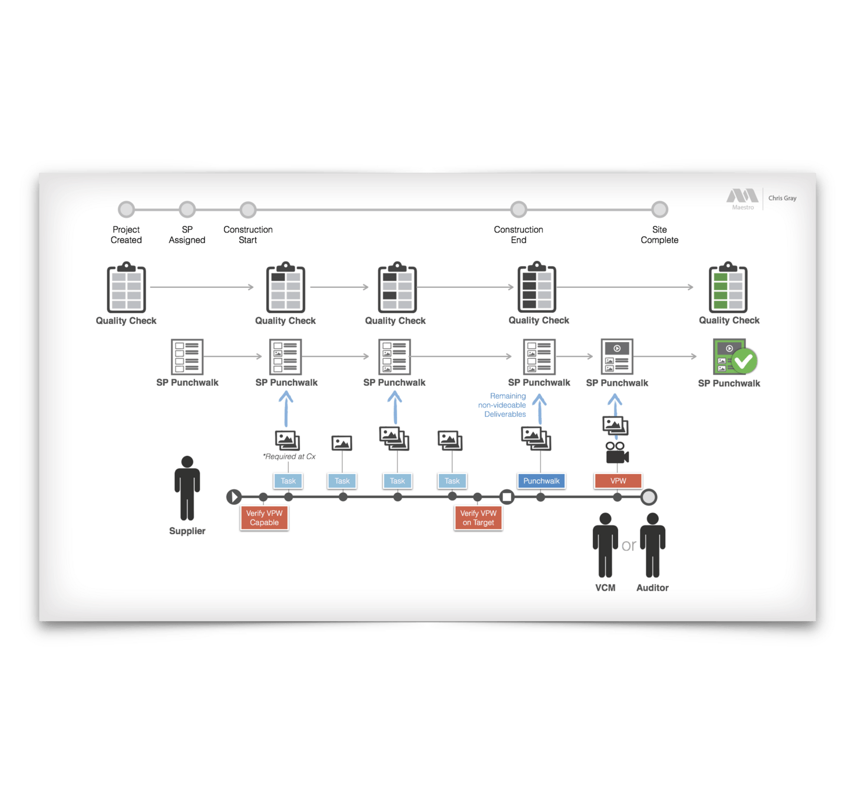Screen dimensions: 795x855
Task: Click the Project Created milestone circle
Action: tap(126, 209)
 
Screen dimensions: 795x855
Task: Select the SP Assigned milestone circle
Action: tap(187, 209)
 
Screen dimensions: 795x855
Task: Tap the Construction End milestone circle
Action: tap(519, 209)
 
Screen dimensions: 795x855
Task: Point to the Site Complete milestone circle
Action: tap(659, 209)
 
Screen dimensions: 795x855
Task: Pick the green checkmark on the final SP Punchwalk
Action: tap(744, 360)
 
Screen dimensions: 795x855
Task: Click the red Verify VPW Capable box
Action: tap(264, 518)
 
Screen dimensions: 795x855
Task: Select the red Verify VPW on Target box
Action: tap(478, 518)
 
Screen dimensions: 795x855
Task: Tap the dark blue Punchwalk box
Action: tap(541, 481)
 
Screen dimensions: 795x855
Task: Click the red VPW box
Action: tap(618, 481)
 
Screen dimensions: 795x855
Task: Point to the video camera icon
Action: tap(616, 453)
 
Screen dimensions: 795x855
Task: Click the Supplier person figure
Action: tap(187, 488)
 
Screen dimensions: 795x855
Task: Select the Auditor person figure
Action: tap(652, 545)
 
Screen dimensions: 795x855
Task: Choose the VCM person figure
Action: tap(605, 545)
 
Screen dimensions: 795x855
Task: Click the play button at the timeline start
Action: tap(234, 497)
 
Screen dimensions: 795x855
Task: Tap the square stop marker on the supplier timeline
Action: tap(507, 497)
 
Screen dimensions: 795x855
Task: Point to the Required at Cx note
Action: tap(289, 456)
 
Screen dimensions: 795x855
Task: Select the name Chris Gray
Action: tap(782, 198)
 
